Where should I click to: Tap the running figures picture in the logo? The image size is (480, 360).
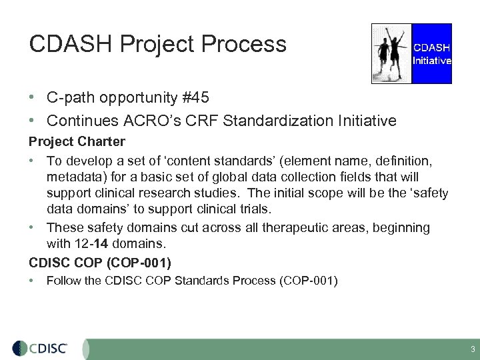[391, 53]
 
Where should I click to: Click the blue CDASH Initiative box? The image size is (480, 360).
[432, 53]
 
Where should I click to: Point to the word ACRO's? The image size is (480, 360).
[141, 121]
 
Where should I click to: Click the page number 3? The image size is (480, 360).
[472, 349]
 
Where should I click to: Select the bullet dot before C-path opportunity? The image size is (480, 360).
[33, 98]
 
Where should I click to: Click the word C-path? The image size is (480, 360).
[69, 98]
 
